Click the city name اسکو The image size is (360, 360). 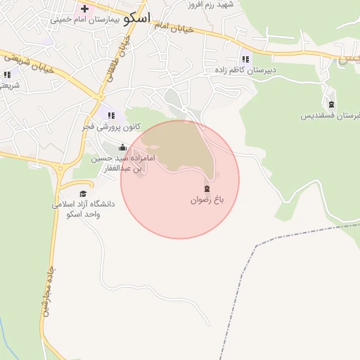pos(136,18)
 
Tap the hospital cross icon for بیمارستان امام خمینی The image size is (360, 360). pos(84,9)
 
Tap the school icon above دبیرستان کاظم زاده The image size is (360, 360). pos(245,59)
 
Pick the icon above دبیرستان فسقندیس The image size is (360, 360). pos(332,104)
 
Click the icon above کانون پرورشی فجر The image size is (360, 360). pos(110,115)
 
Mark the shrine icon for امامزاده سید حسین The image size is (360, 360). pos(123,147)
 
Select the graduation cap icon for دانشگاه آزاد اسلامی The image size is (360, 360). pos(83,193)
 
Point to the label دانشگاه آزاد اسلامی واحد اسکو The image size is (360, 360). pos(83,209)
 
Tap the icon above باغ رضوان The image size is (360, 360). pos(207,188)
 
